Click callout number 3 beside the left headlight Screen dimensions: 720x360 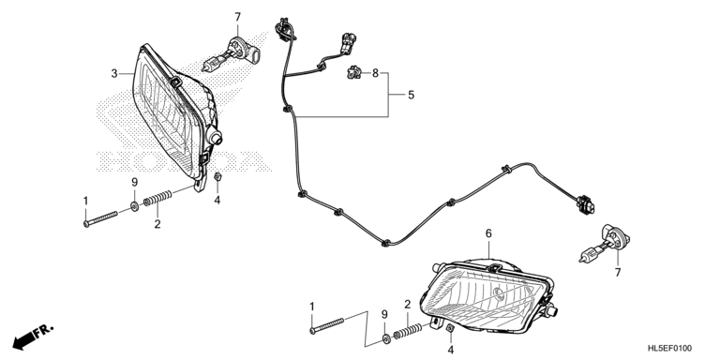tap(114, 73)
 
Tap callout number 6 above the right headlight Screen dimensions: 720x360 tap(488, 233)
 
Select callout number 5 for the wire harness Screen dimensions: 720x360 tap(411, 95)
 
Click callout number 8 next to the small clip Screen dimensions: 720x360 tap(376, 72)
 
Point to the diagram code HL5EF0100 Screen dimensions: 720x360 tap(670, 349)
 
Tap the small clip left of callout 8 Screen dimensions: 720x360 tap(353, 72)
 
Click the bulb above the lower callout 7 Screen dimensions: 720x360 tap(605, 245)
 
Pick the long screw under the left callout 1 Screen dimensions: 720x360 tap(101, 218)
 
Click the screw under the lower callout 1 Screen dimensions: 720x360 tap(327, 325)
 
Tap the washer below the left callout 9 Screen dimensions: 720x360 tap(135, 206)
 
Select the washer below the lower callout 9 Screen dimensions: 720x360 tap(386, 338)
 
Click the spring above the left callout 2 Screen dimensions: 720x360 tap(157, 199)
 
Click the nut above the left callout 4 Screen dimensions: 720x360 tap(218, 177)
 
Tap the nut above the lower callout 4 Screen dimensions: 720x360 tap(450, 328)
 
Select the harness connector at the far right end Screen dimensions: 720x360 tap(585, 204)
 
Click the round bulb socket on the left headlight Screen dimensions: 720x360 tap(215, 136)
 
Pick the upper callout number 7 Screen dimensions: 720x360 tap(237, 18)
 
